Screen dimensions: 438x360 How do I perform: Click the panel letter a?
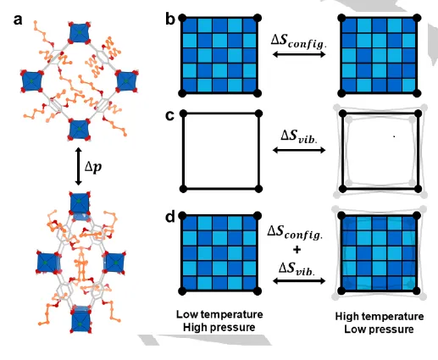point(18,20)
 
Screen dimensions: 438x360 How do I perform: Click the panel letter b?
point(170,19)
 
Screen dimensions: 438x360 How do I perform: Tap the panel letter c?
point(169,116)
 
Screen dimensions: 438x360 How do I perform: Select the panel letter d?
point(170,217)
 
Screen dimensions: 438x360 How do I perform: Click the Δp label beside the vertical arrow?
point(93,167)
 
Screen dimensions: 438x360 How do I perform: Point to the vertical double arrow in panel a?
point(79,166)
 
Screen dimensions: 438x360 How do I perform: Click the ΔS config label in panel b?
point(298,42)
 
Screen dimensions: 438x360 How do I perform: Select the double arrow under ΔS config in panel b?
point(299,54)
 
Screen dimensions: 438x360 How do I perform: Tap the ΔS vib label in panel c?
point(299,136)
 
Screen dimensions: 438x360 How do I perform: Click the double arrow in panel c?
point(299,150)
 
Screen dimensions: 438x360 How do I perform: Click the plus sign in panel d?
point(297,250)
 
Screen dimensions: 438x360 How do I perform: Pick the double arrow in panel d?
point(299,280)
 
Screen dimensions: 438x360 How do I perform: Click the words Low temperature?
point(219,314)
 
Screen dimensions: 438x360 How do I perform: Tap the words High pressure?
point(219,328)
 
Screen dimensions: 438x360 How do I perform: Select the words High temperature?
point(380,316)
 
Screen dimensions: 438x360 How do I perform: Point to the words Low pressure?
point(379,330)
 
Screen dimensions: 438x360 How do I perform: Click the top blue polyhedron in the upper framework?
point(80,32)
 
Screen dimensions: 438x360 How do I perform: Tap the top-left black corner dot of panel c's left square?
point(184,114)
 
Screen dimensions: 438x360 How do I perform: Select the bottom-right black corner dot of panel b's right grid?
point(417,93)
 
